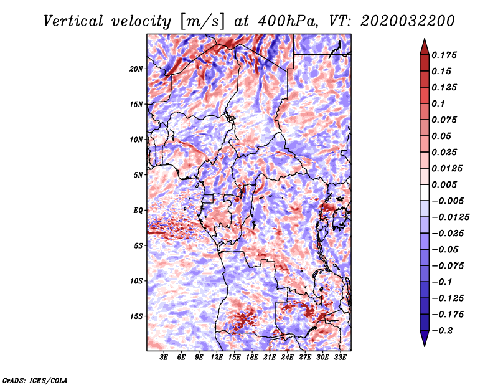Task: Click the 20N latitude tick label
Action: click(x=136, y=69)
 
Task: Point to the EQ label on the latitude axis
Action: click(x=138, y=211)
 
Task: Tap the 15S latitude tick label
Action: click(x=136, y=316)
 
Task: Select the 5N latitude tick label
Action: click(x=138, y=175)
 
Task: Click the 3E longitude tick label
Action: click(x=164, y=358)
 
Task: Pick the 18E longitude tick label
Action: click(x=252, y=358)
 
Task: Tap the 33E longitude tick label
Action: click(x=340, y=358)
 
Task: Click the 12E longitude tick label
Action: click(x=217, y=358)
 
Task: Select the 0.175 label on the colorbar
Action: click(x=444, y=55)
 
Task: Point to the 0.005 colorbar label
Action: click(x=444, y=184)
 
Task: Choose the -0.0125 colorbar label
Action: click(x=450, y=217)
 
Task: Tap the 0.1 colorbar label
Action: click(x=438, y=103)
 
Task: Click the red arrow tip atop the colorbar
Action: click(x=425, y=39)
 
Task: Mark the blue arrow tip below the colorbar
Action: click(x=425, y=346)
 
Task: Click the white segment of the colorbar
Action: click(x=425, y=192)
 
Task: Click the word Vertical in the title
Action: click(x=73, y=21)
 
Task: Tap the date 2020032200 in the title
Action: click(x=408, y=21)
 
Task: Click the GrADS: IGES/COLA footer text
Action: click(x=35, y=380)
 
